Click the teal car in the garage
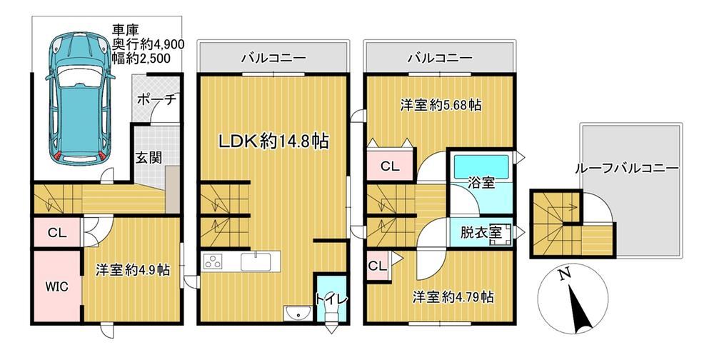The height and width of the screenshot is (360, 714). click(80, 99)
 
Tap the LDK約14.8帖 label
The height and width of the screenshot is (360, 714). click(273, 141)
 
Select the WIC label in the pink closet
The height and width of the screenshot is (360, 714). click(56, 286)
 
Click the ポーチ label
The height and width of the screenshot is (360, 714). click(156, 100)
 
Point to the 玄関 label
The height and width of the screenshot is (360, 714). click(149, 158)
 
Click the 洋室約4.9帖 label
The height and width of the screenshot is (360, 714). click(133, 270)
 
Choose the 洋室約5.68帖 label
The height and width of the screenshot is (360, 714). click(441, 106)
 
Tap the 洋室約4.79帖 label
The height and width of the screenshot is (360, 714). click(453, 298)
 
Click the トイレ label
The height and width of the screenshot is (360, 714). click(331, 299)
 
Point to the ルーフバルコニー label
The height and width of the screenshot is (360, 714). click(627, 169)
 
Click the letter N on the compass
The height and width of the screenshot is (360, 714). click(565, 274)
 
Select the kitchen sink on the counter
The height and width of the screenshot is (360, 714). click(256, 262)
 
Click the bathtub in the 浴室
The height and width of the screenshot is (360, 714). click(481, 166)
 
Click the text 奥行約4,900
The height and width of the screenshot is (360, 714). click(149, 44)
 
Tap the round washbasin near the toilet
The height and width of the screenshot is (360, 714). click(298, 314)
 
